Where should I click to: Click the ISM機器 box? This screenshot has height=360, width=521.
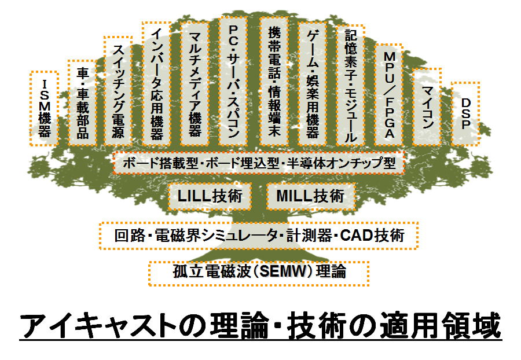(x=44, y=109)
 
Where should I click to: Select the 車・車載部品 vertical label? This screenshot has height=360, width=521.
(x=83, y=103)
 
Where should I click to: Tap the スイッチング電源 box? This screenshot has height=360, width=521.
(x=118, y=91)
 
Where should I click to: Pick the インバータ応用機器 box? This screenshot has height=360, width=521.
(x=156, y=84)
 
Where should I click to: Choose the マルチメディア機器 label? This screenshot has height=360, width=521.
(x=195, y=84)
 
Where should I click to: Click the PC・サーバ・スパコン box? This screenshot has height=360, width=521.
(x=233, y=82)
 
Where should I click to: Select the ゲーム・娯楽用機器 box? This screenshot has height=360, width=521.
(x=313, y=84)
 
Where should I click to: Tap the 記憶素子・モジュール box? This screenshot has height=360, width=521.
(x=351, y=86)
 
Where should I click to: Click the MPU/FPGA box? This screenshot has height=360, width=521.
(x=389, y=95)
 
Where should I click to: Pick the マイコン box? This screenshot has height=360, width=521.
(x=427, y=107)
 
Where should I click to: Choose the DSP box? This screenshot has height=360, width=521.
(x=465, y=113)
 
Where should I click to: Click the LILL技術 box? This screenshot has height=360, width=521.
(x=210, y=196)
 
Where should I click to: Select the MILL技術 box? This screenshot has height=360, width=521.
(x=310, y=196)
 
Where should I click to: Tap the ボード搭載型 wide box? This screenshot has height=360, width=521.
(x=259, y=163)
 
